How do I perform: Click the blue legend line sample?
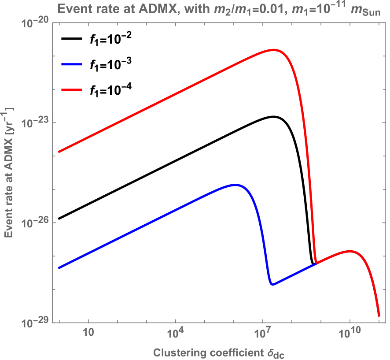[72, 64]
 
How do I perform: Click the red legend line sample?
[72, 89]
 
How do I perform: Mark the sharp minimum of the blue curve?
[272, 285]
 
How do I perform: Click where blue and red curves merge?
[316, 263]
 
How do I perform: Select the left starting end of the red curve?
[59, 152]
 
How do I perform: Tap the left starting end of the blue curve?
[59, 267]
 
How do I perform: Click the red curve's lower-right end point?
[379, 315]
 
